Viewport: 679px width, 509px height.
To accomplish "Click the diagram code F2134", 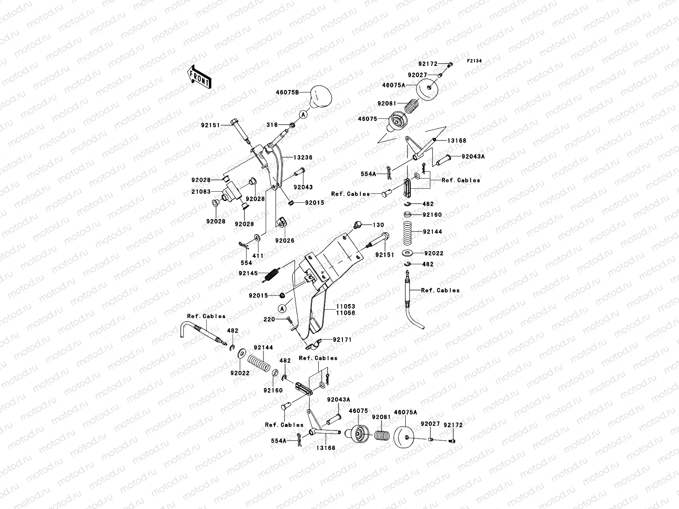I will coord(474,61).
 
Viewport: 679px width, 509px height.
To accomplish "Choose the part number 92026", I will coord(284,241).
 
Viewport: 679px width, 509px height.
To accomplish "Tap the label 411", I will coord(258,256).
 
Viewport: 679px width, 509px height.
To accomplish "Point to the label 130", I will coord(378,225).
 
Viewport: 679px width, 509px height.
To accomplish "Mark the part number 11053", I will coord(345,306).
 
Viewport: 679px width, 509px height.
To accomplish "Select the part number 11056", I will coord(345,313).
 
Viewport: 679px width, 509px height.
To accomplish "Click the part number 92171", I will coord(342,340).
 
